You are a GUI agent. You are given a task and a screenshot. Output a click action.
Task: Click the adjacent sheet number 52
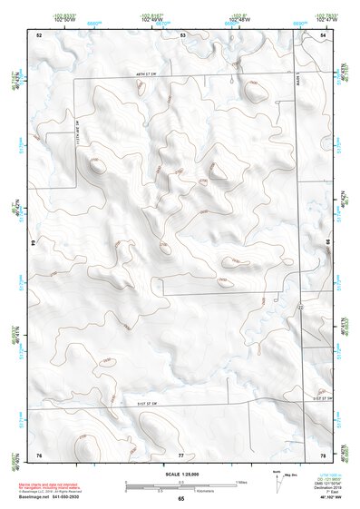click(x=39, y=34)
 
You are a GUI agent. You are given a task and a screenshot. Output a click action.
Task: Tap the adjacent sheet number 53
click(x=182, y=34)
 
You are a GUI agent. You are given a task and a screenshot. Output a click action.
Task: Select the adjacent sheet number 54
click(x=323, y=34)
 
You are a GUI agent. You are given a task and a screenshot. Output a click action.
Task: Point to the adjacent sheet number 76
click(x=39, y=453)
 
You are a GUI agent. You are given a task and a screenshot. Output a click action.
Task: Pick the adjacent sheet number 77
click(x=181, y=453)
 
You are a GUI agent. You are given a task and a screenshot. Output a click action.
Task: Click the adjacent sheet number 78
click(x=323, y=453)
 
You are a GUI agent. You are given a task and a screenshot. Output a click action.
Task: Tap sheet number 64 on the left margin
click(x=34, y=243)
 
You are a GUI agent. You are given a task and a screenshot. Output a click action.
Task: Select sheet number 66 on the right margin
click(x=327, y=243)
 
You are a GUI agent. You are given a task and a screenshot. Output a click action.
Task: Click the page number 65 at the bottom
click(x=181, y=499)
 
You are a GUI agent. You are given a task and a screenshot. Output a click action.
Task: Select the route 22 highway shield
click(x=299, y=308)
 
